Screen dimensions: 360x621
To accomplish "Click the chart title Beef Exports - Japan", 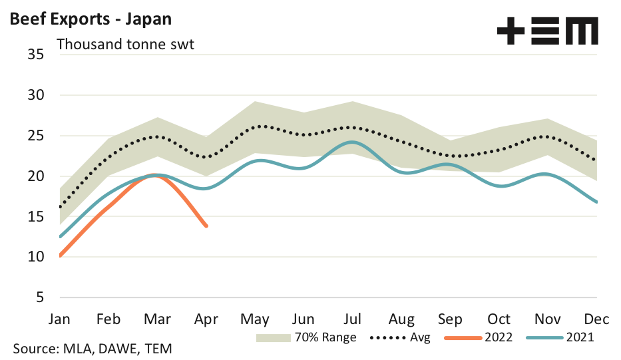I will click(x=91, y=19).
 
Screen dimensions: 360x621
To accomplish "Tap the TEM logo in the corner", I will click(x=547, y=31).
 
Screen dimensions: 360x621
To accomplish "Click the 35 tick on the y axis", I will click(x=36, y=54).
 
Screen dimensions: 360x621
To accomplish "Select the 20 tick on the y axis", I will click(x=36, y=176).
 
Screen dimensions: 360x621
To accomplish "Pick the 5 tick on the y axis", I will click(x=40, y=297).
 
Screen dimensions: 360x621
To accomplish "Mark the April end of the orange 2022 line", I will click(x=206, y=226).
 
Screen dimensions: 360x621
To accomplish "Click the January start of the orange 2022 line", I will click(x=61, y=256).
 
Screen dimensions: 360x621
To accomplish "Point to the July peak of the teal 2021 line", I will click(x=353, y=142).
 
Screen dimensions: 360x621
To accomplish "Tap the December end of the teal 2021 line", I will click(x=597, y=202).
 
